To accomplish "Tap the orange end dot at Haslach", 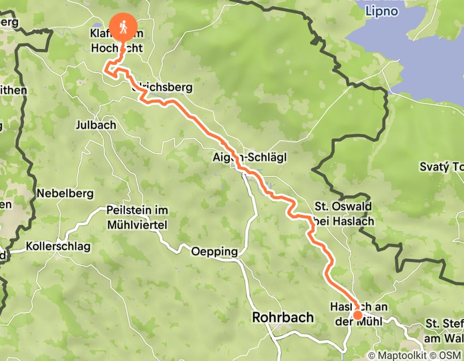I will pos(357,315).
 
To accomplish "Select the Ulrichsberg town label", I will pos(163,87).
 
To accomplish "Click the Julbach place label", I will pos(96,125).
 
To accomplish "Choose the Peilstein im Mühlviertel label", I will pos(137,218).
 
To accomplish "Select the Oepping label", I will pos(214,252).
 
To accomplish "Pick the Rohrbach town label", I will pos(283,317).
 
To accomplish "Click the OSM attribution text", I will pos(449,355).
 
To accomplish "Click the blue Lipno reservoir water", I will pos(413,57).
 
